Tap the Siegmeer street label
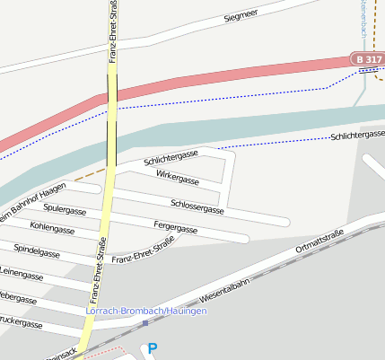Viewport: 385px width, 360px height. pyautogui.click(x=241, y=16)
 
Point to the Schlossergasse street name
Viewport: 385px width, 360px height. pyautogui.click(x=197, y=207)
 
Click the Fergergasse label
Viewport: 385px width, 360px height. pyautogui.click(x=176, y=229)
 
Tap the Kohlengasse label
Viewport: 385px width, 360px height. pyautogui.click(x=51, y=228)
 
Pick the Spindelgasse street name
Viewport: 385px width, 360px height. pyautogui.click(x=37, y=250)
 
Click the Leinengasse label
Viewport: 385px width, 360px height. pyautogui.click(x=22, y=271)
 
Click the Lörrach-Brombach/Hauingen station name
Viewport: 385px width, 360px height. pyautogui.click(x=145, y=311)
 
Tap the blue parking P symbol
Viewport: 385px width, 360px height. pyautogui.click(x=152, y=348)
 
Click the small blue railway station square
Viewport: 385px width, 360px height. pyautogui.click(x=144, y=323)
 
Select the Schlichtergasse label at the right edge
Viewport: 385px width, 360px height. pyautogui.click(x=357, y=135)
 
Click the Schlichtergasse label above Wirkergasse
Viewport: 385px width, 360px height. pyautogui.click(x=171, y=158)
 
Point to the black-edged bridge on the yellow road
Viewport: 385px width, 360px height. pyautogui.click(x=112, y=88)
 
